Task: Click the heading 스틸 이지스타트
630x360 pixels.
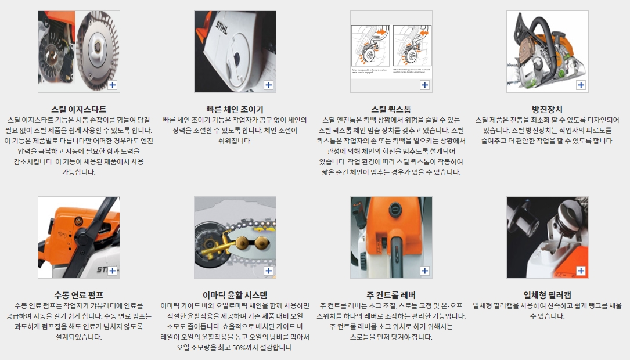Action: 79,109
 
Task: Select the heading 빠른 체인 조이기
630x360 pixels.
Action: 235,109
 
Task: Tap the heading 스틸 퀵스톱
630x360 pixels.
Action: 391,109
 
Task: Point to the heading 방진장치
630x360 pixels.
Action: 547,109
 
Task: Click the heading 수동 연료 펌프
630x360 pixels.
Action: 79,296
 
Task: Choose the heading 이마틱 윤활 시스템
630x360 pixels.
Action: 235,296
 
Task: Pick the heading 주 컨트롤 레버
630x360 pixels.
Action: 391,296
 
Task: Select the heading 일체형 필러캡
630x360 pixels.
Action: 547,296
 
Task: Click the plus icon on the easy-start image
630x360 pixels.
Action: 113,85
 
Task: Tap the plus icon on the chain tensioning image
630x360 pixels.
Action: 269,85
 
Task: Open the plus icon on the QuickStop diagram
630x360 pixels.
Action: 424,85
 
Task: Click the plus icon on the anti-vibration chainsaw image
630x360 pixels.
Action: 581,85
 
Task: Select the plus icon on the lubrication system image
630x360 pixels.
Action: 269,271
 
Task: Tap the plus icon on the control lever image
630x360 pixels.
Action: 424,271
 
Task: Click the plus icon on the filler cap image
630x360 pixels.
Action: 581,271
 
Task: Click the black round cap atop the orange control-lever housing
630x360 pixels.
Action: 395,209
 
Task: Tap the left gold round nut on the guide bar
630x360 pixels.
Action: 242,242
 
